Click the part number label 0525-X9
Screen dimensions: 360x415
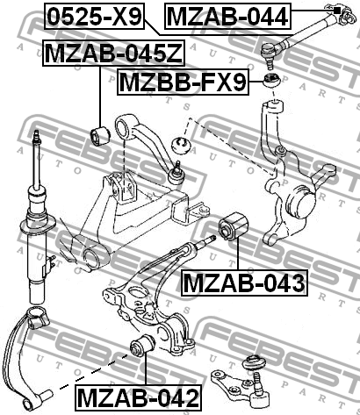coord(94,16)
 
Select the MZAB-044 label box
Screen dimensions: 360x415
coord(227,16)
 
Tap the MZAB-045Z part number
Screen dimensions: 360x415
coord(114,53)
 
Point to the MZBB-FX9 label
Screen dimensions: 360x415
coord(183,82)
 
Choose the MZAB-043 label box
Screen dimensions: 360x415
coord(244,283)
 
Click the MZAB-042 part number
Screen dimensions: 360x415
coord(139,397)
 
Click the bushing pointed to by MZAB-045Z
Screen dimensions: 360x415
coord(99,136)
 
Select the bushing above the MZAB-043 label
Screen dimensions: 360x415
coord(233,226)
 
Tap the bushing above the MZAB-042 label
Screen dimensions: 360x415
coord(142,347)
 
